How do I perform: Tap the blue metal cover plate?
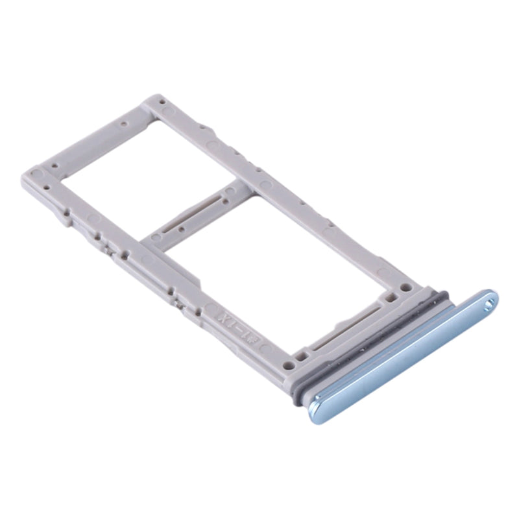point(402,357)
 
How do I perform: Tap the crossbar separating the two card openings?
point(195,214)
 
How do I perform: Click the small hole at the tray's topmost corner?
point(160,101)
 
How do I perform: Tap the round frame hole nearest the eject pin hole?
point(407,286)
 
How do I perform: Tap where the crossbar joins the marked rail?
point(149,243)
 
